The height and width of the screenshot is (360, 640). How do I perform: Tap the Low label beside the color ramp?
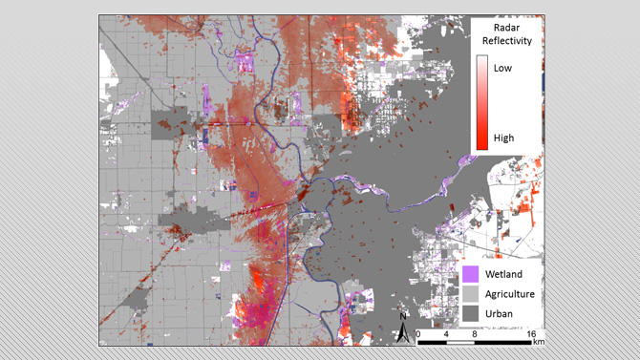click(x=503, y=68)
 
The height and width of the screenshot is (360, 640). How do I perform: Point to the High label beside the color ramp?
click(x=504, y=138)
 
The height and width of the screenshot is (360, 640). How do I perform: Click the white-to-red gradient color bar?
click(x=482, y=102)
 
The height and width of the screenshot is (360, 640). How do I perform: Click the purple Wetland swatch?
click(x=471, y=274)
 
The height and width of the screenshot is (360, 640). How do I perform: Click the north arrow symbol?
click(x=404, y=331)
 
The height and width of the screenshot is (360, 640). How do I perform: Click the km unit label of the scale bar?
click(x=540, y=341)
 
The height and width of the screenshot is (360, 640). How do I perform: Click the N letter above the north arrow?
click(x=404, y=316)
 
